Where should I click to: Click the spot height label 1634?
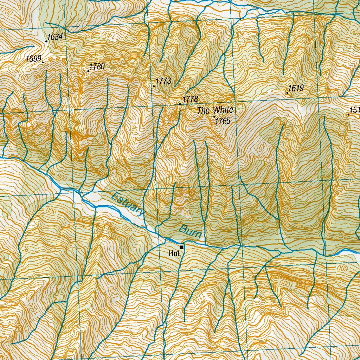pos(55,37)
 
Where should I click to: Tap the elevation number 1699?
pos(33,59)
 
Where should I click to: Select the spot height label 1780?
pos(97,66)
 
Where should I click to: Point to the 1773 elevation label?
pos(163,81)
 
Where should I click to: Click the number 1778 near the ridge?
pos(190,99)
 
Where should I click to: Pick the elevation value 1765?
pos(223,121)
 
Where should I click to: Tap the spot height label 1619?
pos(296,88)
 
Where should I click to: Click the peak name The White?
pos(215,111)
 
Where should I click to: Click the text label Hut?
pos(174,253)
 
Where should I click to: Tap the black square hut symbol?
pos(181,247)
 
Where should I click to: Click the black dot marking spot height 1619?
pos(287,92)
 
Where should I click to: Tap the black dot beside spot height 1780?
pos(88,71)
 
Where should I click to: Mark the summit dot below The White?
pos(214,116)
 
